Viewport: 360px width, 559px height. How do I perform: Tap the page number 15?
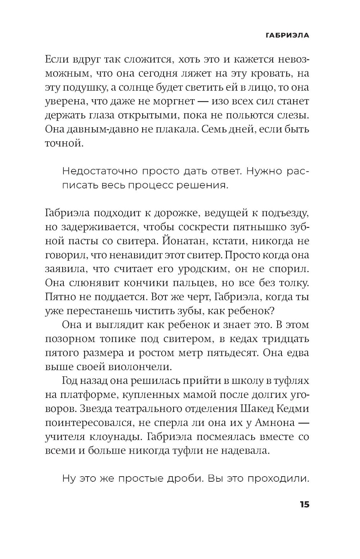coord(304,504)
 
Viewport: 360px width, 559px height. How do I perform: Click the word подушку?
coord(80,87)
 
